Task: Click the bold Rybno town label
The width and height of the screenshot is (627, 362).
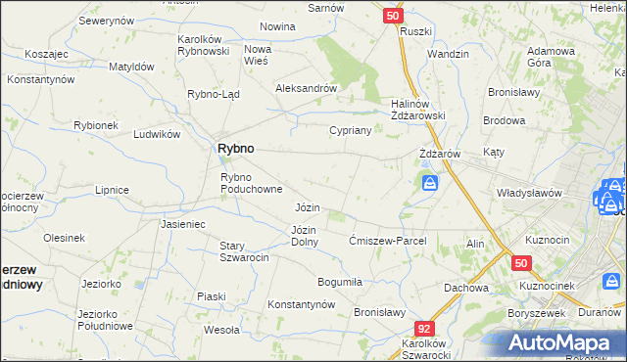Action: (x=235, y=148)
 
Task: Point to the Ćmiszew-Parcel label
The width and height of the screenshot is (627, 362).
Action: (x=388, y=241)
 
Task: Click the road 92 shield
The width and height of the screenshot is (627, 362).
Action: (x=424, y=330)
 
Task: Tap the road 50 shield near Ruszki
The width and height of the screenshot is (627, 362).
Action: (x=392, y=16)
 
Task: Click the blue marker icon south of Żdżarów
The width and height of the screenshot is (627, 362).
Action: (x=430, y=183)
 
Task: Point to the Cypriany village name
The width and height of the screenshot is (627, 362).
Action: (x=350, y=129)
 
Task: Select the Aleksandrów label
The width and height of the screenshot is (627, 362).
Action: (x=307, y=87)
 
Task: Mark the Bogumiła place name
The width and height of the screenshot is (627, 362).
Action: (x=340, y=282)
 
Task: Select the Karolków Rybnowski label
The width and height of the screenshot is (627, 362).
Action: (x=203, y=45)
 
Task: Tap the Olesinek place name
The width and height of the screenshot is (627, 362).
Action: (x=64, y=238)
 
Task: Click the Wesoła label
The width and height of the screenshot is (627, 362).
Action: (x=222, y=330)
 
